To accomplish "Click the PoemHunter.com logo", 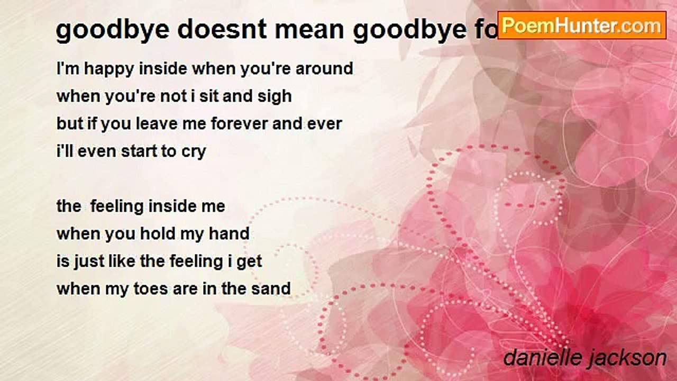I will click(x=582, y=25).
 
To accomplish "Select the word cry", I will click(x=193, y=152).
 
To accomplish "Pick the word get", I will click(x=249, y=262).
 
